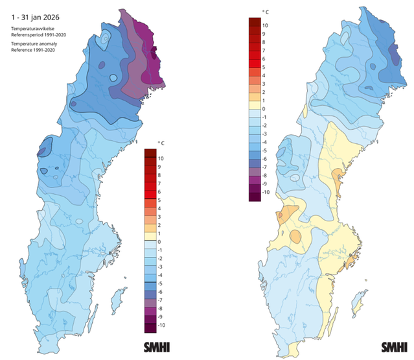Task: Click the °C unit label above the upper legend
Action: pos(264,12)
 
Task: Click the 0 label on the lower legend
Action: pos(160,241)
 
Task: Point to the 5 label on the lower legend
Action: pos(160,200)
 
